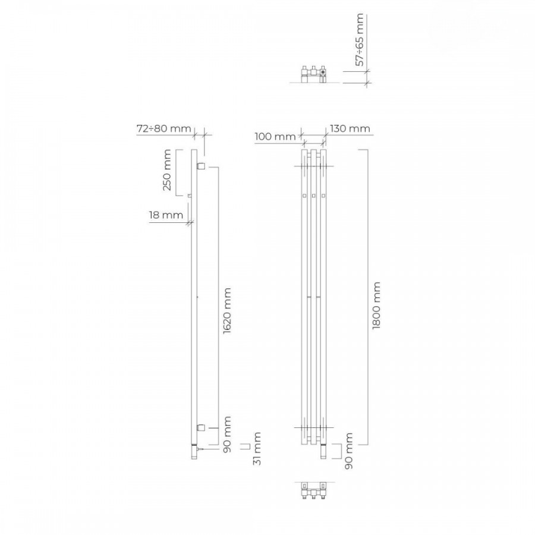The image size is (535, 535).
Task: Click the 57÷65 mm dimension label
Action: [x=360, y=40]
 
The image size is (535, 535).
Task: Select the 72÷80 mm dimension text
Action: [x=164, y=128]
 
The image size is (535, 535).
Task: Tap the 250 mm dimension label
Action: [x=167, y=170]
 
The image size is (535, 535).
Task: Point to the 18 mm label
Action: [x=166, y=215]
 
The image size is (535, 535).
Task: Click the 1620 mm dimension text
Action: [x=227, y=311]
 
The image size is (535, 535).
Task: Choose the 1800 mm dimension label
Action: [x=376, y=306]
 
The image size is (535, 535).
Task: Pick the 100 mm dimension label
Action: [x=275, y=137]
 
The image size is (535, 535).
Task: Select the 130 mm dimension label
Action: [x=350, y=128]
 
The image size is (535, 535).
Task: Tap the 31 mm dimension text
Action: [x=257, y=449]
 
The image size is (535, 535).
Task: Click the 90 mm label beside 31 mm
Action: [x=227, y=435]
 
